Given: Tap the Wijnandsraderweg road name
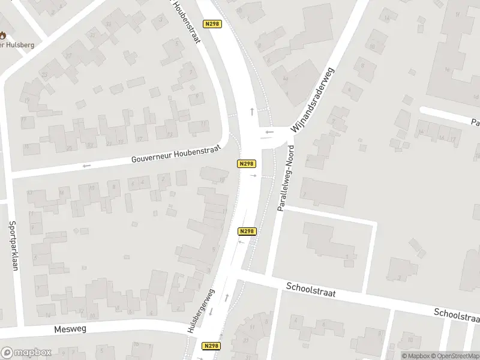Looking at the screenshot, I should tap(312, 100).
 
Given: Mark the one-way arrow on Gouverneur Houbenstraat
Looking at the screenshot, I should tap(87, 166).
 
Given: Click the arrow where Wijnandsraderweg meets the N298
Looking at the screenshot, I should tap(269, 132).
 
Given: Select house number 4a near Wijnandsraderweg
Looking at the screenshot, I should tap(286, 79).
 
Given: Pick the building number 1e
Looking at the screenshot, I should tap(222, 179).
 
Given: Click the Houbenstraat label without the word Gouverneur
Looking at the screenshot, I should tap(187, 21).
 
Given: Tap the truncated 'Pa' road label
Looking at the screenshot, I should tap(474, 122).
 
